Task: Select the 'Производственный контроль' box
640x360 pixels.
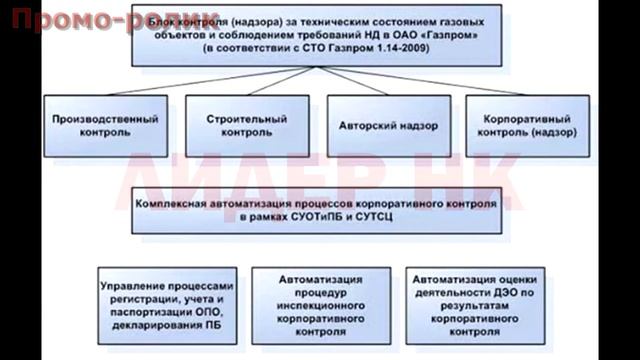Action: (91, 124)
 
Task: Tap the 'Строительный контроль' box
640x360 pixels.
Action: (232, 124)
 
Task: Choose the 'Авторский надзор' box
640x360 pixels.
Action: (372, 124)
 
